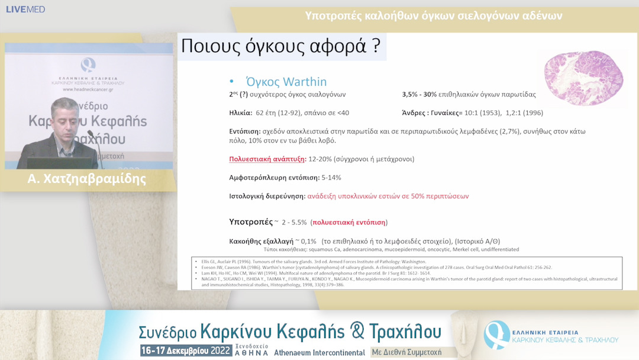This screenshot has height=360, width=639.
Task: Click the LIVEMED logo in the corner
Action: (x=24, y=9)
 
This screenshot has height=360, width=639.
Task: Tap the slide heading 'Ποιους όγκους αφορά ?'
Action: (x=280, y=47)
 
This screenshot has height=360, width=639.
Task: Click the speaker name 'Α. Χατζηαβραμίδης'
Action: (x=86, y=179)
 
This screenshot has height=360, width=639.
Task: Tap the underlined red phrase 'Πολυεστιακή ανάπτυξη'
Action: (x=266, y=159)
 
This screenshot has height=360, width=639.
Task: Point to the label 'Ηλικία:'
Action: (x=240, y=112)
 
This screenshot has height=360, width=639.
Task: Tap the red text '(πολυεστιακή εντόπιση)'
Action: (x=348, y=222)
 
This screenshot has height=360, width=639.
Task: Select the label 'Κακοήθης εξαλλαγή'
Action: (x=261, y=242)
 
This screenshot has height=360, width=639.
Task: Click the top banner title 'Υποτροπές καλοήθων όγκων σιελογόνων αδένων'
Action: (x=433, y=15)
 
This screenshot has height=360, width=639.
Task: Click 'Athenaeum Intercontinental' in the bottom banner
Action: (x=319, y=352)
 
